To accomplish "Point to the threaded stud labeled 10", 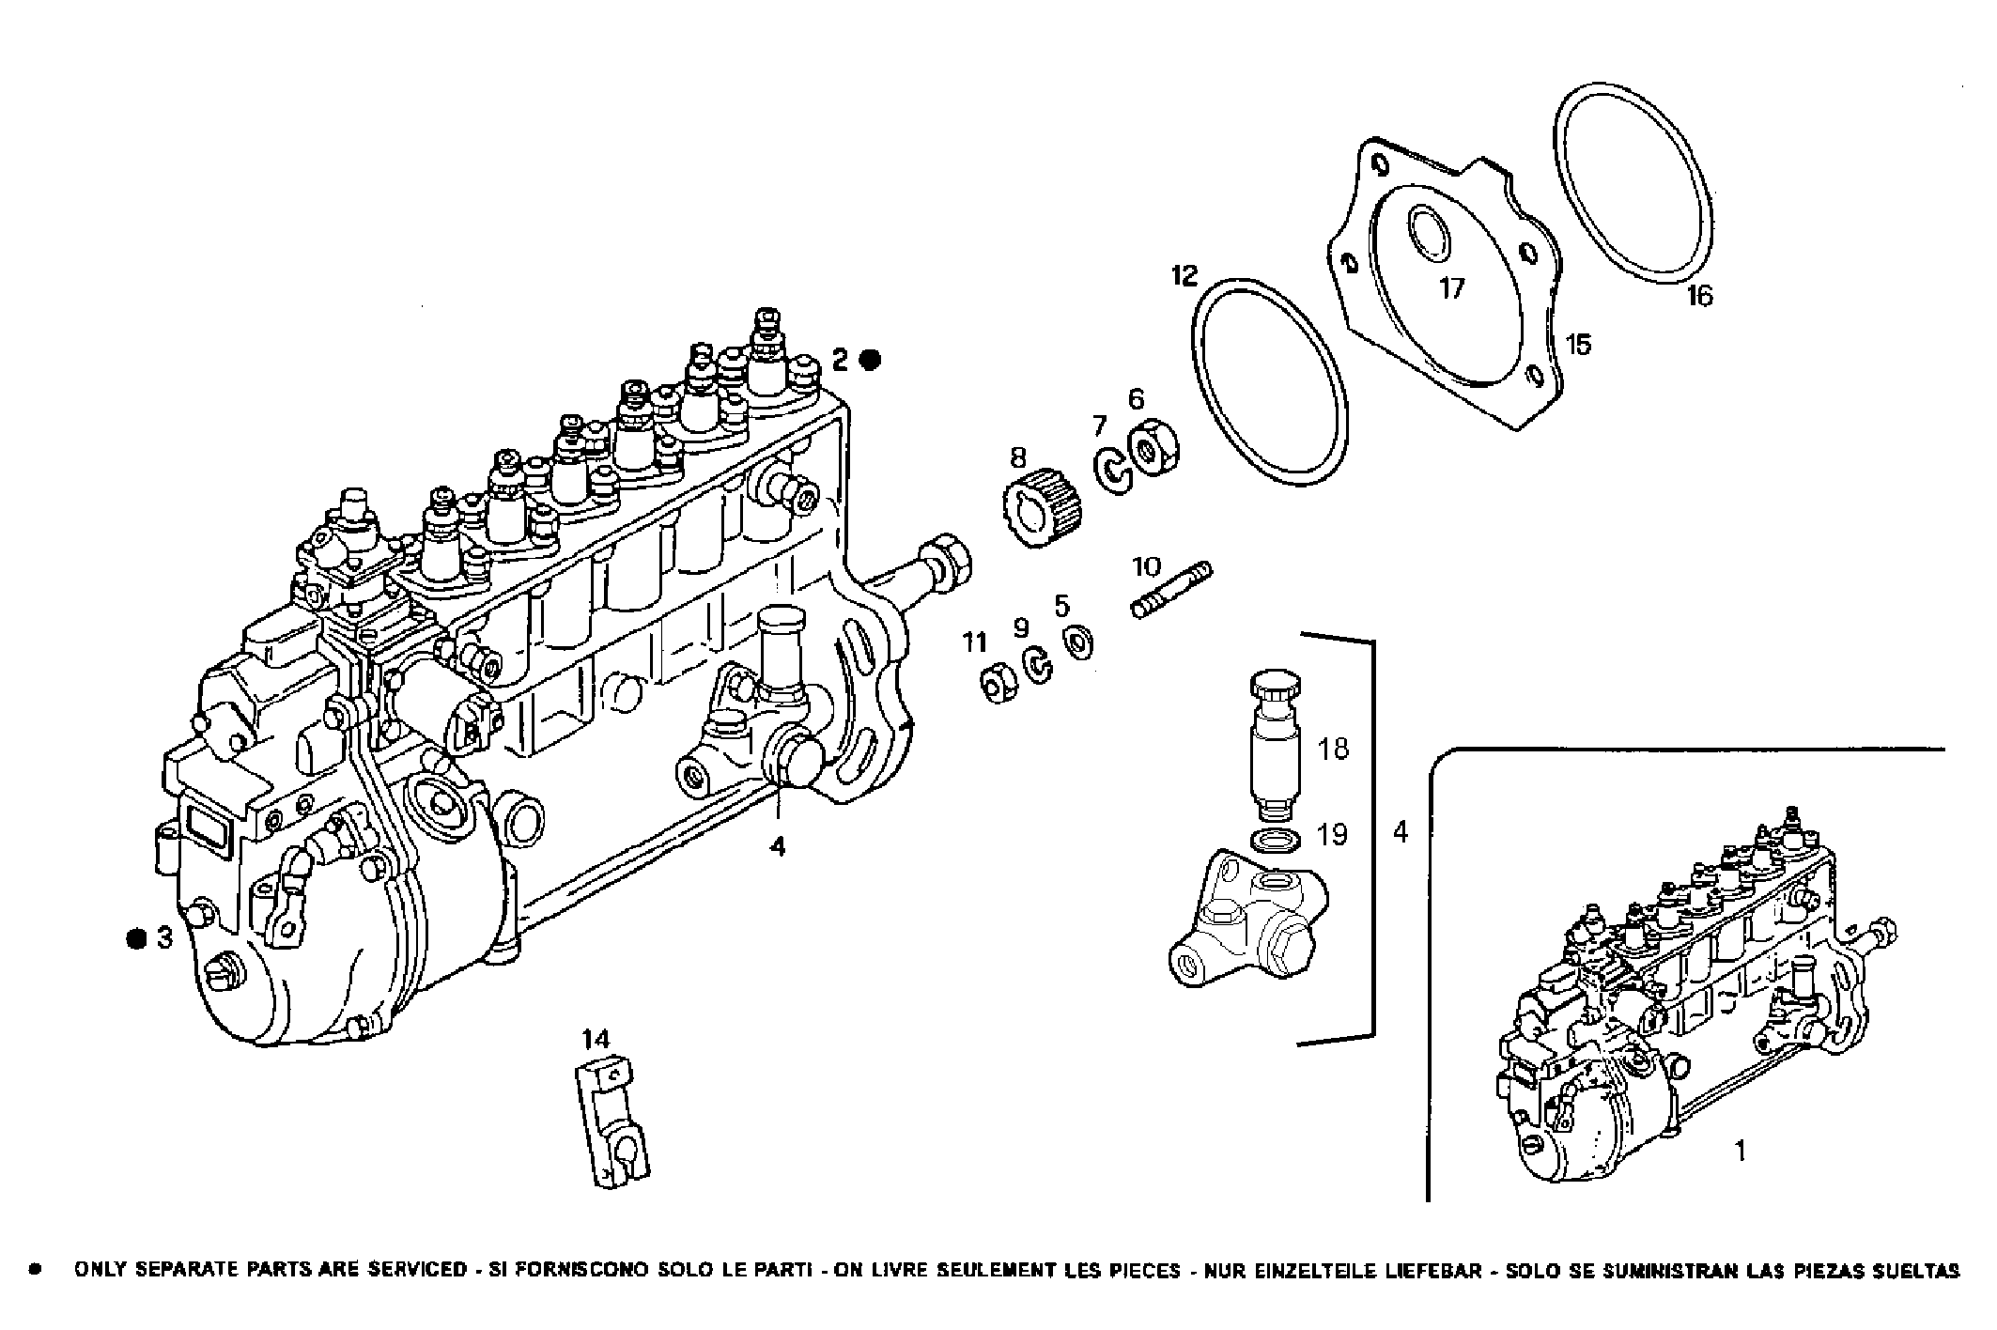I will [1171, 590].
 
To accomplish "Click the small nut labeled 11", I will [996, 682].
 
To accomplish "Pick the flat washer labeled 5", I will [1079, 643].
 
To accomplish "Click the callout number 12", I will [1184, 275].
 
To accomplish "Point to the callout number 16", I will [1699, 296].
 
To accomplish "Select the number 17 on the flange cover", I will [1452, 288].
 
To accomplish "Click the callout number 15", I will [1579, 345].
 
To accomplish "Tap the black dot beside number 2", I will [871, 359].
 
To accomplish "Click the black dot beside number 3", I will [138, 937].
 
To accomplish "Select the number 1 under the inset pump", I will [1740, 1150].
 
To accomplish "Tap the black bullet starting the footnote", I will [36, 1271].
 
